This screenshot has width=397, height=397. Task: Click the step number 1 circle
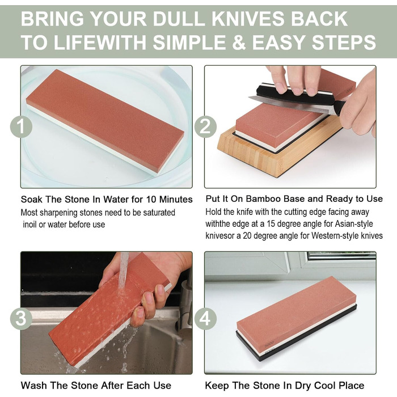point(21,126)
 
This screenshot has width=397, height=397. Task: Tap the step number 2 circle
point(205,126)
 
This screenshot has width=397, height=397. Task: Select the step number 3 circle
point(21,319)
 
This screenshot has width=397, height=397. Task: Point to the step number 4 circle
point(205,319)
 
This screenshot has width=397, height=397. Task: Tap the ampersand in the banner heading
point(239,42)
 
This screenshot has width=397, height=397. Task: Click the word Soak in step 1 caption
point(31,200)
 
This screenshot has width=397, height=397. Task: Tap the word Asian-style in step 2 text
point(354,224)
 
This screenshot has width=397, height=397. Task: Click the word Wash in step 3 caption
point(33,385)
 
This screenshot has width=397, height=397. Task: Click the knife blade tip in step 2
point(249,98)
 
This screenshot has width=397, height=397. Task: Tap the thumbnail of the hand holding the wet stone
point(160,289)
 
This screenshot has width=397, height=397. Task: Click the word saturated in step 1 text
point(159,213)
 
